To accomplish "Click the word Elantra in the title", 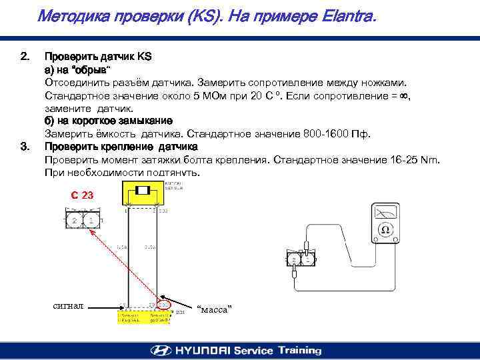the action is point(347,15).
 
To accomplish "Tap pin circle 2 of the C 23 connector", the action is point(75,219).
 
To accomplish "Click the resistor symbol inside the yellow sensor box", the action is point(142,191).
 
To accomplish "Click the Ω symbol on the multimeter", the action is point(385,230).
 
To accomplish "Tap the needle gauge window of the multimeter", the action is point(385,211).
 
